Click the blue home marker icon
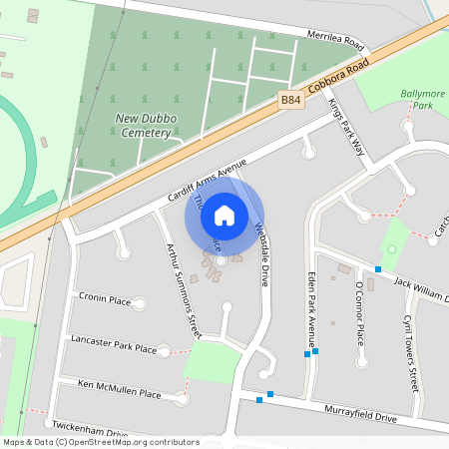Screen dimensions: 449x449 (x=224, y=216)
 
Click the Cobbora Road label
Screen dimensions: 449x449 (x=339, y=74)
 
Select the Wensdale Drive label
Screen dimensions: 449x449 (x=262, y=253)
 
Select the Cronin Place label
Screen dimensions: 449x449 (x=105, y=299)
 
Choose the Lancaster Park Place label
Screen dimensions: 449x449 (x=114, y=344)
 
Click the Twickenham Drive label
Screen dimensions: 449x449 (x=90, y=432)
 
